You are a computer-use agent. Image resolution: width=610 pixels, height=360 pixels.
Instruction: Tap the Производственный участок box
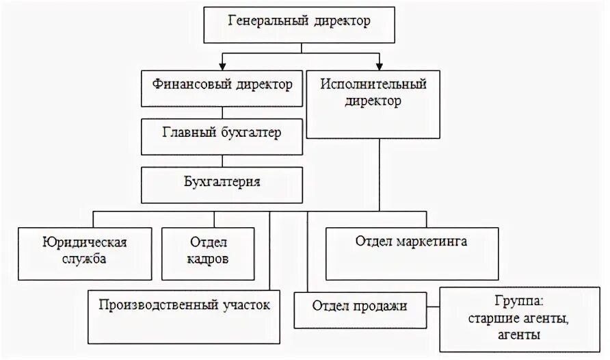(184, 316)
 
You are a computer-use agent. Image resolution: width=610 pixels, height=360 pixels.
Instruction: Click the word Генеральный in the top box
(267, 21)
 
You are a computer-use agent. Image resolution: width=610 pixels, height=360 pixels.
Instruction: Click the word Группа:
(516, 301)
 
